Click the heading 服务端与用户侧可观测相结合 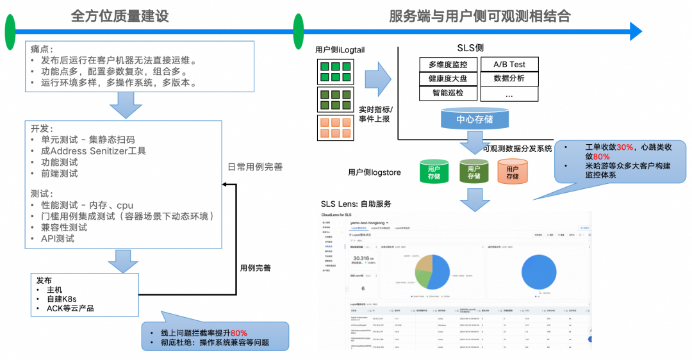pyautogui.click(x=480, y=16)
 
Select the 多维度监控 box pyautogui.click(x=448, y=64)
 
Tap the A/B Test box pyautogui.click(x=509, y=64)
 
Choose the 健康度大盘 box pyautogui.click(x=448, y=79)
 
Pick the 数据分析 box pyautogui.click(x=509, y=79)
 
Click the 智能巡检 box pyautogui.click(x=448, y=94)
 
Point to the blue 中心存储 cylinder pyautogui.click(x=475, y=120)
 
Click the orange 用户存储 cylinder pyautogui.click(x=513, y=172)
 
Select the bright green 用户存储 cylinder pyautogui.click(x=434, y=172)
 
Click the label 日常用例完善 pyautogui.click(x=255, y=167)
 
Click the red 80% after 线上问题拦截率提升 pyautogui.click(x=239, y=332)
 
